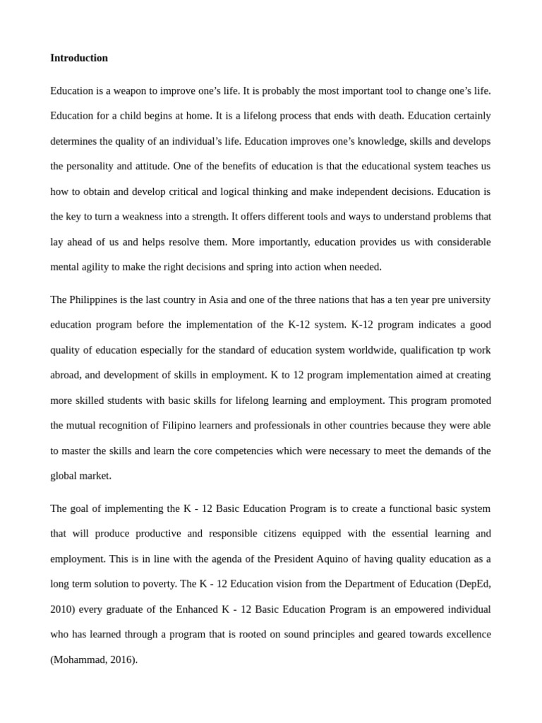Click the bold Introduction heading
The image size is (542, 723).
pyautogui.click(x=79, y=58)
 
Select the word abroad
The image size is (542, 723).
pyautogui.click(x=66, y=375)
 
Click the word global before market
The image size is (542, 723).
pyautogui.click(x=64, y=476)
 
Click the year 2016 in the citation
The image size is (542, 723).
pyautogui.click(x=122, y=659)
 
